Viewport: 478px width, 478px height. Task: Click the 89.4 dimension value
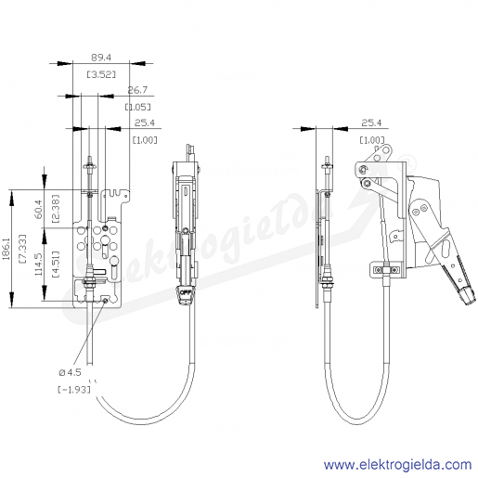(x=101, y=58)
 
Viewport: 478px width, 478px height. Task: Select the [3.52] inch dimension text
(x=101, y=74)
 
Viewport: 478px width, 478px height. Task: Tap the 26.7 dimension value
(x=137, y=90)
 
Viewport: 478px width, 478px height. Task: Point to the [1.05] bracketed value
(x=138, y=107)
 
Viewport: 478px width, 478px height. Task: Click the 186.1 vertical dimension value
(x=6, y=249)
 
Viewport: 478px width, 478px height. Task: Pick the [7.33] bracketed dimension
(x=22, y=249)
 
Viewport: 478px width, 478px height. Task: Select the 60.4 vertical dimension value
(x=39, y=209)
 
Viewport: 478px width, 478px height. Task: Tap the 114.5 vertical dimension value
(x=39, y=265)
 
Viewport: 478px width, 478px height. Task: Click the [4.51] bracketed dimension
(x=56, y=265)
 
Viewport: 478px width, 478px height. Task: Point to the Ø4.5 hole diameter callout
(x=70, y=372)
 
